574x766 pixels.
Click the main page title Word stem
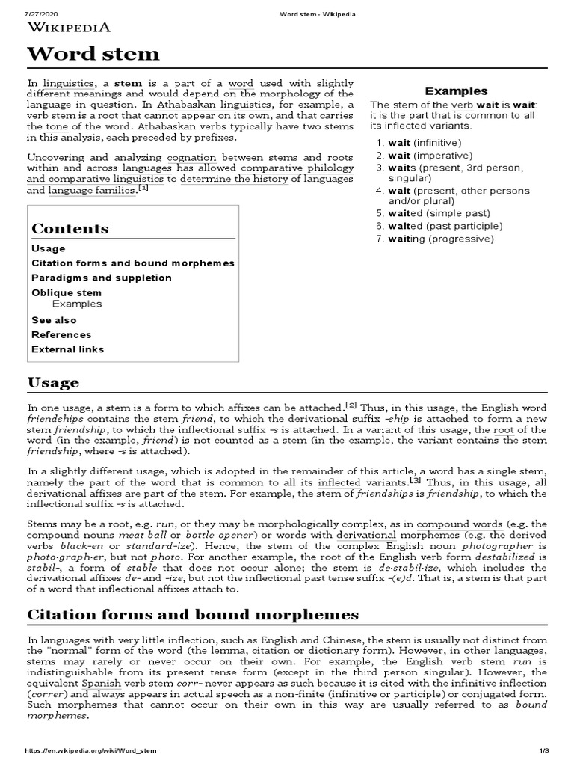click(x=93, y=53)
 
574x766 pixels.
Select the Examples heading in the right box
click(x=456, y=91)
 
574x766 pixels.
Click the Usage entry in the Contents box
click(x=49, y=248)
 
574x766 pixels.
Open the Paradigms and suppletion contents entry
click(x=102, y=278)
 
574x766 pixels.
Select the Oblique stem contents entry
click(x=67, y=292)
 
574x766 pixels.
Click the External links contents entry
click(x=68, y=349)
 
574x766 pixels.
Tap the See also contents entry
click(x=54, y=320)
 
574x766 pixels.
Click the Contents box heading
click(x=70, y=228)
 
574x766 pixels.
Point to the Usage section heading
click(x=53, y=382)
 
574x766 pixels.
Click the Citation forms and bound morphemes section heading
click(x=193, y=614)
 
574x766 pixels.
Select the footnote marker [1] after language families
click(x=143, y=189)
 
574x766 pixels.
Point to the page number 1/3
click(x=543, y=750)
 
